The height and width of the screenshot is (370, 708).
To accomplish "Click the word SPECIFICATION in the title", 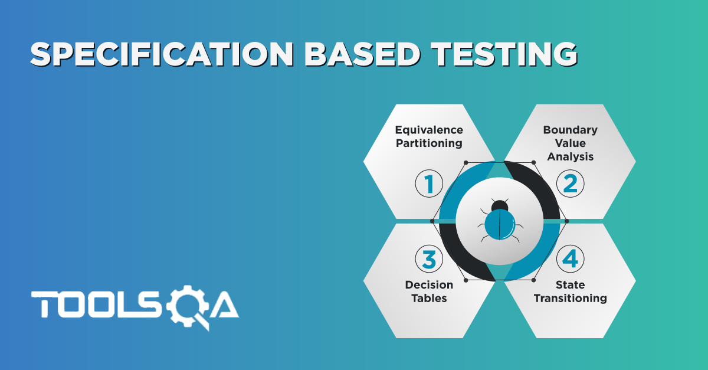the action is [x=162, y=54].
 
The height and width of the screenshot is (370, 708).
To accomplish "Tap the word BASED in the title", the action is [x=362, y=54].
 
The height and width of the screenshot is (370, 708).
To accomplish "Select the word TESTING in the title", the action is [x=504, y=54].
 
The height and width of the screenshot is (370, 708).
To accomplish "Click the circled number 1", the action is [x=429, y=184].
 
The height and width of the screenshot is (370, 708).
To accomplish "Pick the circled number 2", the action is [x=570, y=184].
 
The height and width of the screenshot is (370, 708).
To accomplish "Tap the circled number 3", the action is [x=429, y=259].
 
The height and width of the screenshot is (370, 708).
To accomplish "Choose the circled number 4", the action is [x=570, y=259].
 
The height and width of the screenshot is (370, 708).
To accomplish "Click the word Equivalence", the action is [x=429, y=130].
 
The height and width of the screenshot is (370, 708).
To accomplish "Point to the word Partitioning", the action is [x=429, y=143].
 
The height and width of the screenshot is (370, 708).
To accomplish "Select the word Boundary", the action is [x=570, y=130].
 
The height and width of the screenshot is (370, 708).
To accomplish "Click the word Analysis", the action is [x=570, y=156].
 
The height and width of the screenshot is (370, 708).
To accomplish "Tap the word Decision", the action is [x=429, y=285].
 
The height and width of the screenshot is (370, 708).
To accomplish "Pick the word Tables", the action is [x=429, y=298].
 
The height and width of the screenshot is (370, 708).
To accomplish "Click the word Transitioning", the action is [x=570, y=298].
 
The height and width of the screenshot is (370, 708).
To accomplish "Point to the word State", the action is [x=570, y=285].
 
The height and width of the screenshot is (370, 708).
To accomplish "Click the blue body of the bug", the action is [x=500, y=225].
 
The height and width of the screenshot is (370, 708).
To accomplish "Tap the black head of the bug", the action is [x=500, y=205].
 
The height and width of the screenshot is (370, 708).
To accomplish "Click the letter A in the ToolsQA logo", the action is [x=224, y=304].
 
